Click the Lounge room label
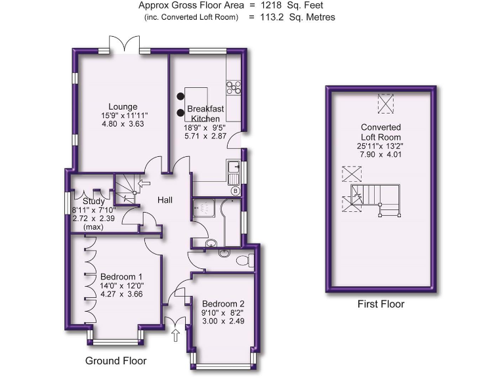123,106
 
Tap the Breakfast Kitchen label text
205,113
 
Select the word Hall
164,200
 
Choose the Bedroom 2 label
223,304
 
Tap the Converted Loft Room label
381,132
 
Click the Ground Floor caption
115,361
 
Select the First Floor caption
381,304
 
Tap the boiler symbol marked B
235,191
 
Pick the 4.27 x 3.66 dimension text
121,295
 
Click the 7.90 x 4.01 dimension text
381,155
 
